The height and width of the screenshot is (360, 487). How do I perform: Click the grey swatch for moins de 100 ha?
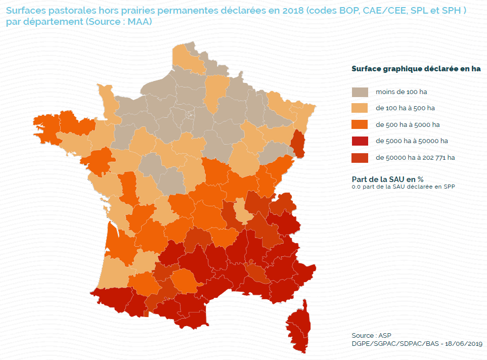click(360, 92)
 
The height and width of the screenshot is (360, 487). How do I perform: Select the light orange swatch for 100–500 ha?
click(360, 108)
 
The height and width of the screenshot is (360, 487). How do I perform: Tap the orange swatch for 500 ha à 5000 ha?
click(360, 124)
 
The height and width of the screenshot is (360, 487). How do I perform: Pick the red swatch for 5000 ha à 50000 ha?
click(360, 141)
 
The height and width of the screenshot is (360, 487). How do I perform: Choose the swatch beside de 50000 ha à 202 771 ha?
click(360, 157)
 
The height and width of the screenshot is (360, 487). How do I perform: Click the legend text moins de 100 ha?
click(401, 93)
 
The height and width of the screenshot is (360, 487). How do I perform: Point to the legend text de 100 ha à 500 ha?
click(405, 108)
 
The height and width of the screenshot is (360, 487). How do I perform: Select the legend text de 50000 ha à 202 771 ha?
click(415, 157)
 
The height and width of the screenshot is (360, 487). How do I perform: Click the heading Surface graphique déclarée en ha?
click(416, 69)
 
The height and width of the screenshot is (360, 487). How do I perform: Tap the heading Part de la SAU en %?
click(387, 179)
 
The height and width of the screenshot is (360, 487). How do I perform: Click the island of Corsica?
click(299, 326)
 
